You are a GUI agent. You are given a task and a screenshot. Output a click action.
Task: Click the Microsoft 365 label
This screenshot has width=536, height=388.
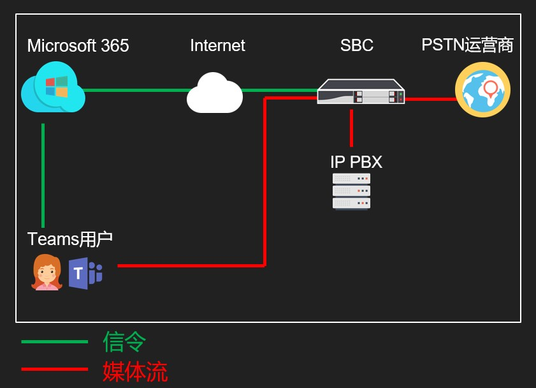[78, 46]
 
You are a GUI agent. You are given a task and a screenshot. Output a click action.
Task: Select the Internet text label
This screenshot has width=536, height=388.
[217, 46]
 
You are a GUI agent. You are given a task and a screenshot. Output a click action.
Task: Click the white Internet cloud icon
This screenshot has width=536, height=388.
[214, 94]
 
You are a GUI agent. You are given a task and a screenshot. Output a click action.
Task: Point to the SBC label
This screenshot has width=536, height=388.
[356, 46]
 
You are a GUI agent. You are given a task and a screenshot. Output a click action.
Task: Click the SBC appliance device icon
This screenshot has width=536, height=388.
[361, 93]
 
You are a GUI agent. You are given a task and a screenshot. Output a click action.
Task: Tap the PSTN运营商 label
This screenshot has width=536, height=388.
[467, 45]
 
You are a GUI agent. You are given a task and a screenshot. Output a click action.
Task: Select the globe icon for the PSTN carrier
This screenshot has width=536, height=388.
[482, 90]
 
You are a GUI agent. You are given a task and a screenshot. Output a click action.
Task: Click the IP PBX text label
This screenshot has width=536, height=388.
[356, 162]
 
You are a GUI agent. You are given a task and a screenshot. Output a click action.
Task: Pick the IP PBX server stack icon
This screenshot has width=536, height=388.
[351, 191]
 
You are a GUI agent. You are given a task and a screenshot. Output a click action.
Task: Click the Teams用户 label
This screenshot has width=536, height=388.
[70, 239]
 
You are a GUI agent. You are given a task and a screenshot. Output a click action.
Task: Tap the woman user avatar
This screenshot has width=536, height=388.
[47, 272]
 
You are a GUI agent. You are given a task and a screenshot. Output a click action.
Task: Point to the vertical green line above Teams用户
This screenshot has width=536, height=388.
[43, 175]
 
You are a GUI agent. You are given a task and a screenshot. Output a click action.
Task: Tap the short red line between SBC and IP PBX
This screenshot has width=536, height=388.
[351, 128]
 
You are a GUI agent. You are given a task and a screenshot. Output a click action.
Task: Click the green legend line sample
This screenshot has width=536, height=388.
[54, 341]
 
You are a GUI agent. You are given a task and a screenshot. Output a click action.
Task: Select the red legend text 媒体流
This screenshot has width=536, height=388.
[135, 371]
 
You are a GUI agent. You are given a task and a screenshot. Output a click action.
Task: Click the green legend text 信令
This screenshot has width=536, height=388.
[125, 342]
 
